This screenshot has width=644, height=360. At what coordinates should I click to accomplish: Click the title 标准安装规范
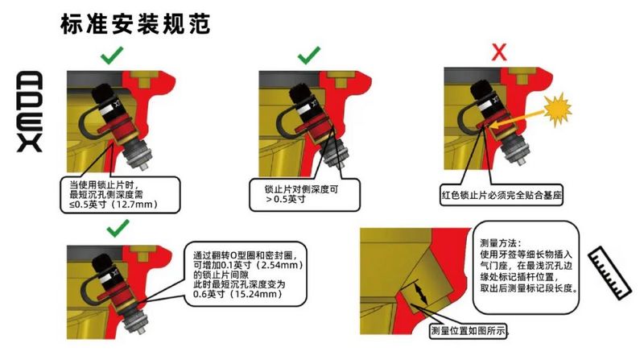[135, 23]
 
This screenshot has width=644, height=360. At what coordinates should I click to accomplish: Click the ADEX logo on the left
[30, 112]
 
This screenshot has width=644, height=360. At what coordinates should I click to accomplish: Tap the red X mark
[499, 52]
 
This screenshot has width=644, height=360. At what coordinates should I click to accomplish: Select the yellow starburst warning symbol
[557, 110]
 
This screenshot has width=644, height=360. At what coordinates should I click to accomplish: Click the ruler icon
[609, 273]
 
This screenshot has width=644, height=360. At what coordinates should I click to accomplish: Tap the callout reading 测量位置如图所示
[469, 330]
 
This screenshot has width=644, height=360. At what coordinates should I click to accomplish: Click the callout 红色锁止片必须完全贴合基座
[502, 195]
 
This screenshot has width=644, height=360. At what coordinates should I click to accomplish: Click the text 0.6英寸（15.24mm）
[237, 294]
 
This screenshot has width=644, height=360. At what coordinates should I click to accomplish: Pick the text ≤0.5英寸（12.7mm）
[114, 205]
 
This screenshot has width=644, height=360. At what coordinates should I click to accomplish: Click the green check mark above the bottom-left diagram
[118, 228]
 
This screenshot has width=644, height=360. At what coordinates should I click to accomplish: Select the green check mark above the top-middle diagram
[309, 55]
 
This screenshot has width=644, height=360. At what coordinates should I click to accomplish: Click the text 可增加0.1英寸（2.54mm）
[248, 265]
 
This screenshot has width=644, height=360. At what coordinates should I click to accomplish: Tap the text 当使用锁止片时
[105, 185]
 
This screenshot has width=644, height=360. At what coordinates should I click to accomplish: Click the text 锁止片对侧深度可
[301, 189]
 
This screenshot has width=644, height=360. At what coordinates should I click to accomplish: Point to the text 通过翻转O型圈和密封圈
[250, 254]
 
